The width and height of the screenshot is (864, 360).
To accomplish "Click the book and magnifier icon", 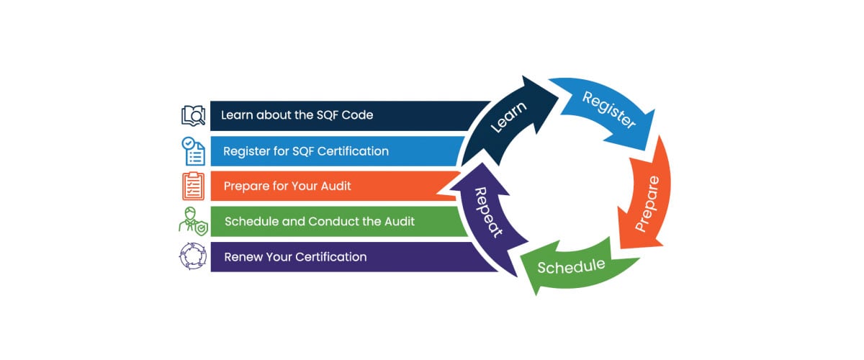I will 193,115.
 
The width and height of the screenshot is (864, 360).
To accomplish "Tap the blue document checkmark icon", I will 193,151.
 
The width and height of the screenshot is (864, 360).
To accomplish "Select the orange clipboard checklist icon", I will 193,186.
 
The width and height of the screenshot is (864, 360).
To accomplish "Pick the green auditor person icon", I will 193,221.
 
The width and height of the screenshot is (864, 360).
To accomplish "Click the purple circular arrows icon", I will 193,257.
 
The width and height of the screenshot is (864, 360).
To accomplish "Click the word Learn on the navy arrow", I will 508,116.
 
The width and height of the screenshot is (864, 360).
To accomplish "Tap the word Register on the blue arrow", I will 609,110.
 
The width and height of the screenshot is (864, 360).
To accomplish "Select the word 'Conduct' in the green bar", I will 335,221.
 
